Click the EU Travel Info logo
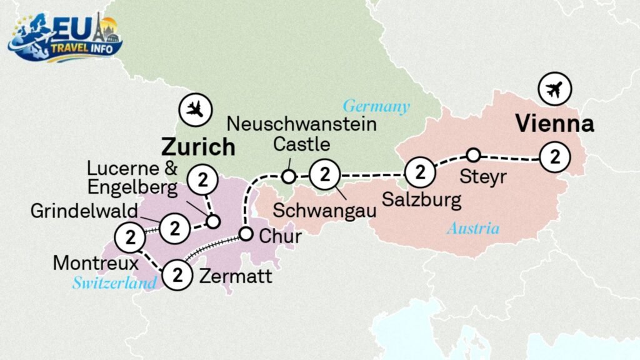[65, 38]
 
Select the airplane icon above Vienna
[553, 90]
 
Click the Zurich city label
[198, 147]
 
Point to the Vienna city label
[554, 124]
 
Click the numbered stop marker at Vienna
[554, 157]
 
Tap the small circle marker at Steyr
[474, 154]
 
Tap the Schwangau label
[325, 210]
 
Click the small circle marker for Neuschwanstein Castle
[288, 177]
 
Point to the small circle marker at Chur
[246, 234]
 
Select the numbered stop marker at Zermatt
[177, 274]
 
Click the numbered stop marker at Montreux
[131, 237]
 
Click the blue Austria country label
[473, 229]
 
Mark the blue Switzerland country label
[114, 283]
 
